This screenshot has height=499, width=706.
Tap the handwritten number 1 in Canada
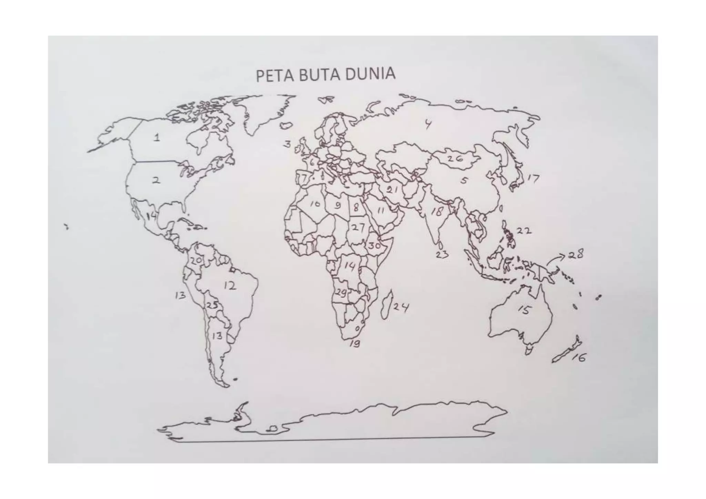[x=157, y=138]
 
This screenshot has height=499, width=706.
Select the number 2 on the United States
[x=156, y=180]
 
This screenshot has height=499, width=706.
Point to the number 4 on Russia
[x=428, y=124]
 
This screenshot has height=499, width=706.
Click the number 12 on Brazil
[x=230, y=286]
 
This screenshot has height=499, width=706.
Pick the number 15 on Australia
[x=524, y=310]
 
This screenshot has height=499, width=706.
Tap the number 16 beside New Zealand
[x=579, y=358]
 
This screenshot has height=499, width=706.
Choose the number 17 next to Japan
[x=533, y=179]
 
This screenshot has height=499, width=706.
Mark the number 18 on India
[x=437, y=211]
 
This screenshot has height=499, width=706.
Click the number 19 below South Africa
[x=355, y=344]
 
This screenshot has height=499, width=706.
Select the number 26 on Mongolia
[x=455, y=159]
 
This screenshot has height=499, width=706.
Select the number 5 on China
[x=464, y=180]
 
